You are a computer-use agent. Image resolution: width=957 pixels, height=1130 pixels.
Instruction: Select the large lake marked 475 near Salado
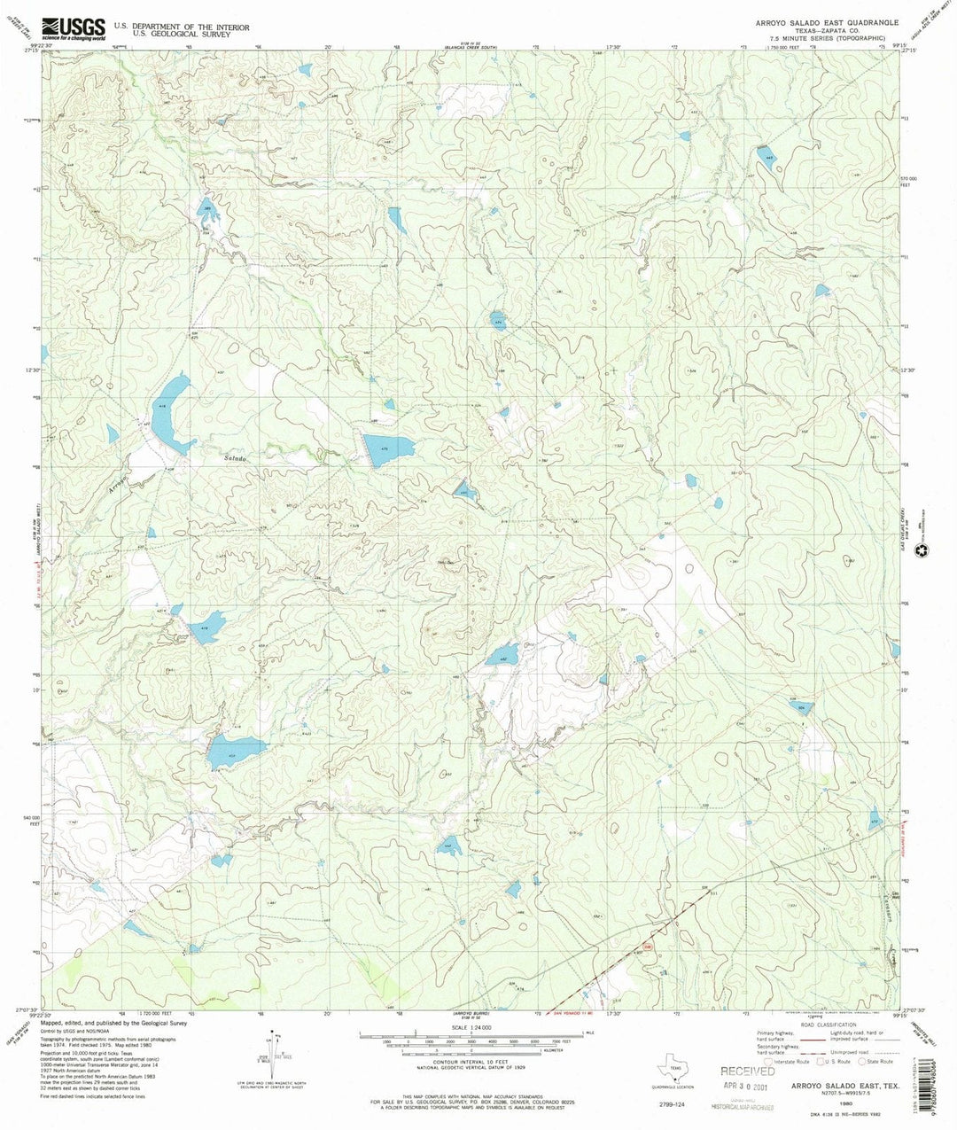coord(388,447)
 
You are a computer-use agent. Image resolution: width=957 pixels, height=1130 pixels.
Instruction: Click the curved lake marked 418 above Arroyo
coord(169,412)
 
